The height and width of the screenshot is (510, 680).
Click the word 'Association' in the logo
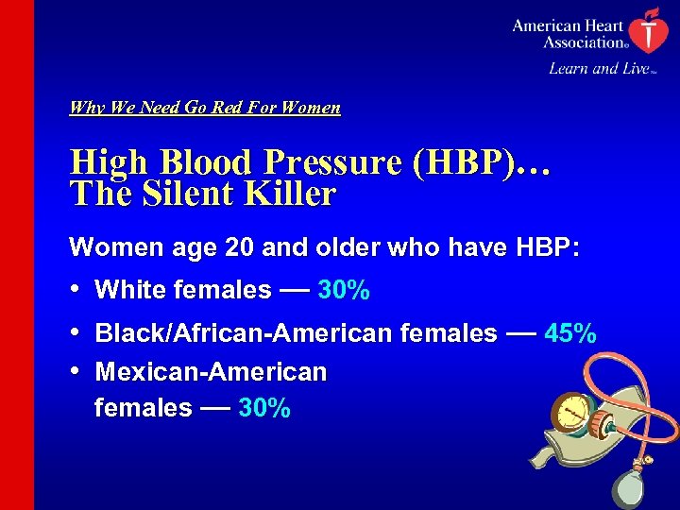583,42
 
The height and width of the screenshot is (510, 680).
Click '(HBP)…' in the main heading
481,162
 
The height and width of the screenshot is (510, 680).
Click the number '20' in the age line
241,247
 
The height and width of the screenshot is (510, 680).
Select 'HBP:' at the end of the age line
547,247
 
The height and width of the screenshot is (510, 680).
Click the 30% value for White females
344,291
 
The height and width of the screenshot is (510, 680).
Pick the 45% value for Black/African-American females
570,333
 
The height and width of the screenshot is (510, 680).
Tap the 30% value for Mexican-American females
264,409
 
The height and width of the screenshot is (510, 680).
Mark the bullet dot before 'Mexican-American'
76,371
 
